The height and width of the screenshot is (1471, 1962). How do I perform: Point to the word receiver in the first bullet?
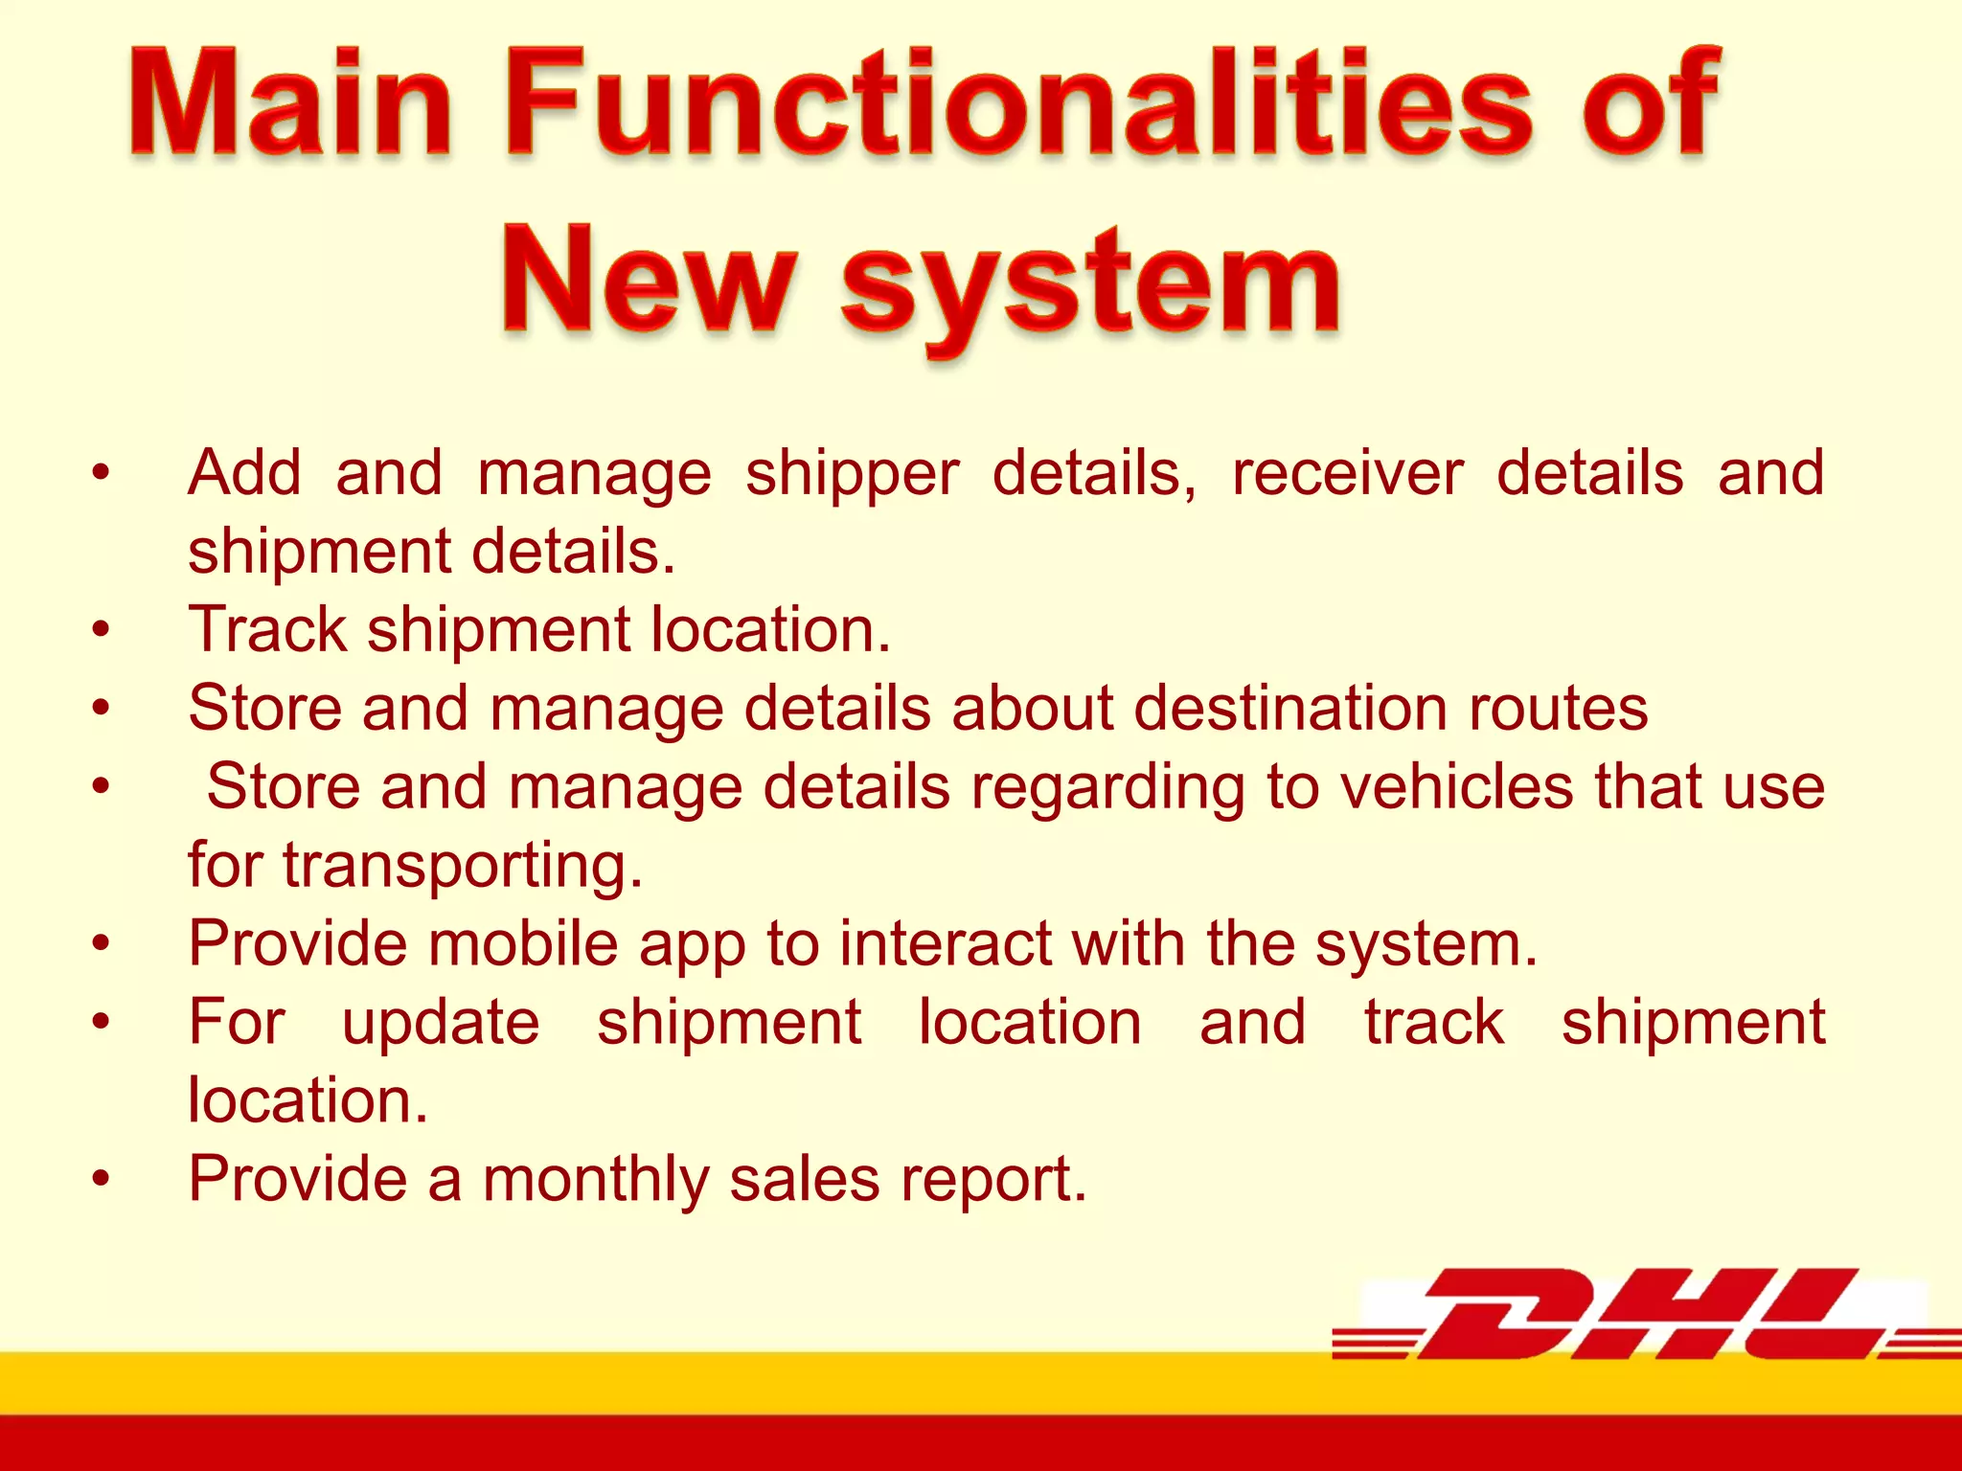(x=1347, y=473)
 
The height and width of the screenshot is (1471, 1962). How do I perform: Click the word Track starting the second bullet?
(x=267, y=630)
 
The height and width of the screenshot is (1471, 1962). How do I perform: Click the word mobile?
(x=523, y=944)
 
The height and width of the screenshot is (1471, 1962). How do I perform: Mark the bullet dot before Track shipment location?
(x=102, y=630)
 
